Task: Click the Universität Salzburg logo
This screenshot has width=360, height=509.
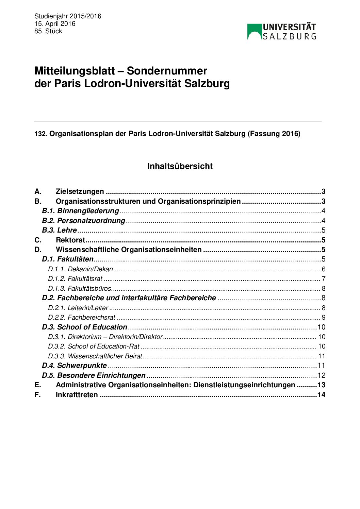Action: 282,32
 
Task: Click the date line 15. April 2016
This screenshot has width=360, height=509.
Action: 55,24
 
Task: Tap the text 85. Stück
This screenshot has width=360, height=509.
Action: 48,31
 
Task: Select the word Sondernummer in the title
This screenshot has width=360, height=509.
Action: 167,71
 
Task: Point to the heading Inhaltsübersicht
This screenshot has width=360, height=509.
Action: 180,166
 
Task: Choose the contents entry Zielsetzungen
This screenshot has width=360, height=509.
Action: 80,191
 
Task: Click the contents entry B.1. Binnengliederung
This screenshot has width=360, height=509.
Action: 81,211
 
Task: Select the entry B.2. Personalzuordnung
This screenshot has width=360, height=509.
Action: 84,221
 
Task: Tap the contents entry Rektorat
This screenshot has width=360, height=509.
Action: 70,240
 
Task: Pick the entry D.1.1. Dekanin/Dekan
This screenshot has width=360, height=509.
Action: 80,269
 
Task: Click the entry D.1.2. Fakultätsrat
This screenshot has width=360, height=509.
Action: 75,279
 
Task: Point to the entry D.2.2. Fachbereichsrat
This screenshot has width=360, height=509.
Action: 82,318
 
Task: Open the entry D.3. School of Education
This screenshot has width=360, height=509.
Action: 84,327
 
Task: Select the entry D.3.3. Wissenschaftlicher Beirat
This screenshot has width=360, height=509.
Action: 95,356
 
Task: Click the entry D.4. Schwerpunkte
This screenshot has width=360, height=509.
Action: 74,366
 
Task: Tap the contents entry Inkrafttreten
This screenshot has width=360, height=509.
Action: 77,395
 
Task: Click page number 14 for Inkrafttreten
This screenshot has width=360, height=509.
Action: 321,395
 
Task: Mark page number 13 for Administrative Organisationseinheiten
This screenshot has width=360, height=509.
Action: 321,385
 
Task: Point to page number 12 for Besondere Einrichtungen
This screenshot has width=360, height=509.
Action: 321,376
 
